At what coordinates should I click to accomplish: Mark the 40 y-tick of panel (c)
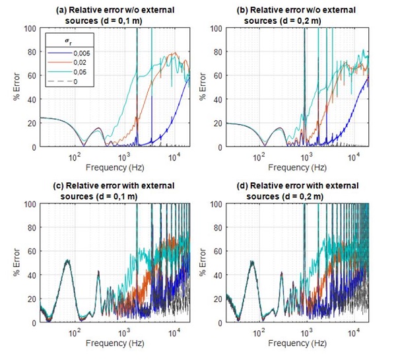pyautogui.click(x=32, y=275)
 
